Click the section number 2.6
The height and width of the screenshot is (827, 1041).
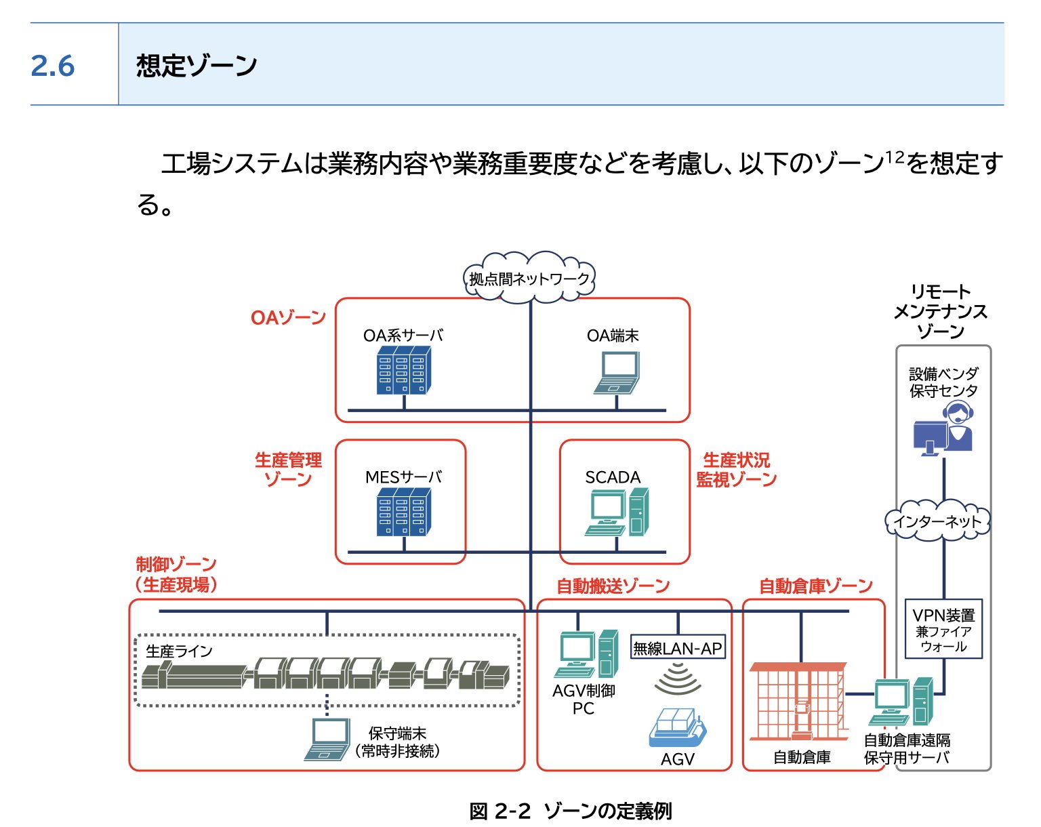(53, 66)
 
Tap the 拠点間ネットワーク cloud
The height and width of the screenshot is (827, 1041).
(529, 278)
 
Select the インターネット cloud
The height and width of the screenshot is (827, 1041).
(937, 521)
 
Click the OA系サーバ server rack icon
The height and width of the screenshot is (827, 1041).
(403, 370)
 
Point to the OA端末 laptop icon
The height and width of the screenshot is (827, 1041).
(617, 373)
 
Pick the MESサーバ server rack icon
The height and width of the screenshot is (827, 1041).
(403, 512)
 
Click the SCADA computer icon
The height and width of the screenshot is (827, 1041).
(617, 512)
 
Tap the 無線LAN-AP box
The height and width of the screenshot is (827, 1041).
(678, 647)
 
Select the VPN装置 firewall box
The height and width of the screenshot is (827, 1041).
(943, 628)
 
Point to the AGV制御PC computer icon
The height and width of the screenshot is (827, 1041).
(586, 653)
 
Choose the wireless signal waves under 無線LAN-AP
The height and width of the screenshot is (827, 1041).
(678, 679)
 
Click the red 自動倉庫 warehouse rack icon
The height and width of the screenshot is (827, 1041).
(798, 702)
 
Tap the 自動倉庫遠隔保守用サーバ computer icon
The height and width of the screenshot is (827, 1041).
(901, 701)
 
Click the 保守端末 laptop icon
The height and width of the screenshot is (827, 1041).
(327, 739)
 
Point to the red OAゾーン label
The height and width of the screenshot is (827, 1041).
(288, 318)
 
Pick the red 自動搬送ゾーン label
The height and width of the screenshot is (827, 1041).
(613, 586)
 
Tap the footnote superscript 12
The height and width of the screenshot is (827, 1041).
(895, 157)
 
